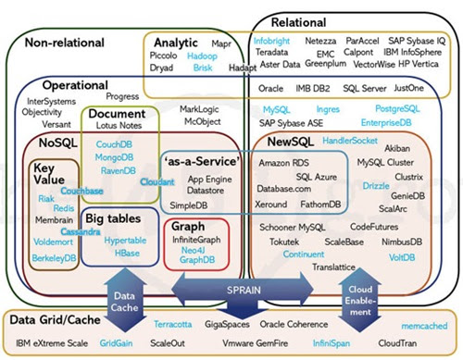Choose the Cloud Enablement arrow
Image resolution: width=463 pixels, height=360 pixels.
click(357, 296)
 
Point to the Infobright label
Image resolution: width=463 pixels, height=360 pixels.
click(275, 42)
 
